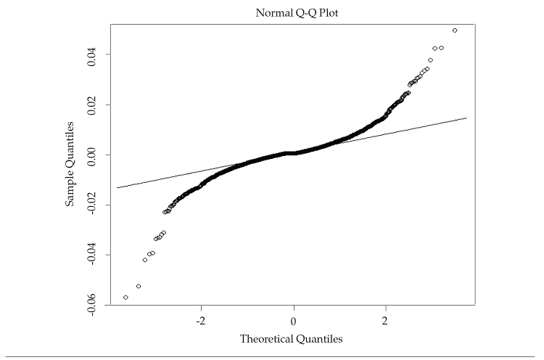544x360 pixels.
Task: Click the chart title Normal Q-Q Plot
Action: [292, 12]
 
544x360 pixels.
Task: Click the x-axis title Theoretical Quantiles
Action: [292, 338]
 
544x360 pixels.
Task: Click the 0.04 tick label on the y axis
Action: [93, 54]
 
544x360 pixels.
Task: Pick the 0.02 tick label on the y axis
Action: [93, 105]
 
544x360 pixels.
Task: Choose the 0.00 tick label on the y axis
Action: [93, 155]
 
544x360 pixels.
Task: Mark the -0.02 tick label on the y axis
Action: [93, 205]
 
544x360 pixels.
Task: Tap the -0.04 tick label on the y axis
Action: [93, 255]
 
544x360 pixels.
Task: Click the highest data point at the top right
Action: [455, 30]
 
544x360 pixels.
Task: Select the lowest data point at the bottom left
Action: [126, 298]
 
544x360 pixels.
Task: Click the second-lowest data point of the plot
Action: [139, 286]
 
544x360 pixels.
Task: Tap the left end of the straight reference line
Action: [117, 187]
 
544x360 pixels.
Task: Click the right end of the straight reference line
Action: [466, 118]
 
